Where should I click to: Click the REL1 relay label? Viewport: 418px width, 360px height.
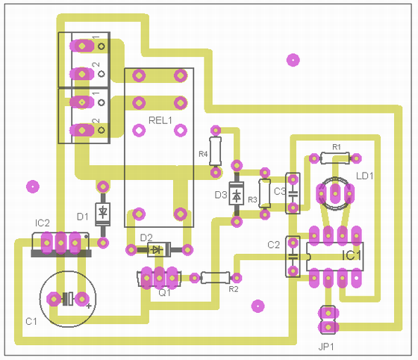(160, 120)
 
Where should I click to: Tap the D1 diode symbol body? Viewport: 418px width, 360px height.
(103, 214)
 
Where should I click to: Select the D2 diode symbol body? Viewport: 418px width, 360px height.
(159, 249)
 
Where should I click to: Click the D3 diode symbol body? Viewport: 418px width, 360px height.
(237, 193)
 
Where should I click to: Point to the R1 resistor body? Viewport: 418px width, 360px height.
(335, 158)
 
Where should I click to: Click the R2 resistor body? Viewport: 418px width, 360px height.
(215, 278)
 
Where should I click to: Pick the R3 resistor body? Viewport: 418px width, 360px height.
(265, 193)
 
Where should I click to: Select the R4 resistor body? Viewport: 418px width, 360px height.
(216, 151)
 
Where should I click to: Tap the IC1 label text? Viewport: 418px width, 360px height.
(352, 255)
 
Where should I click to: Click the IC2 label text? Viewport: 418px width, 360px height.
(43, 223)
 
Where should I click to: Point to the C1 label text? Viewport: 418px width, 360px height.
(31, 322)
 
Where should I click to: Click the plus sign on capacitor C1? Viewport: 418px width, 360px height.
(89, 306)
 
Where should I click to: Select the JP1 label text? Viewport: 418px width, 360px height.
(326, 347)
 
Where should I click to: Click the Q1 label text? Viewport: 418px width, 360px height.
(164, 293)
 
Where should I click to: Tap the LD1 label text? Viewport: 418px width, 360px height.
(365, 176)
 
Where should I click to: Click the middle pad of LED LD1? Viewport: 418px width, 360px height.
(335, 193)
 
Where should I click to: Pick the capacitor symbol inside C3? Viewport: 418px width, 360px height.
(293, 193)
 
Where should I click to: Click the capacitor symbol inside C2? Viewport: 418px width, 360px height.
(293, 257)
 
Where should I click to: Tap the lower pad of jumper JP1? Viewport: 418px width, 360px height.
(328, 327)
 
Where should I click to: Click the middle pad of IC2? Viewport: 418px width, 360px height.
(60, 243)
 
